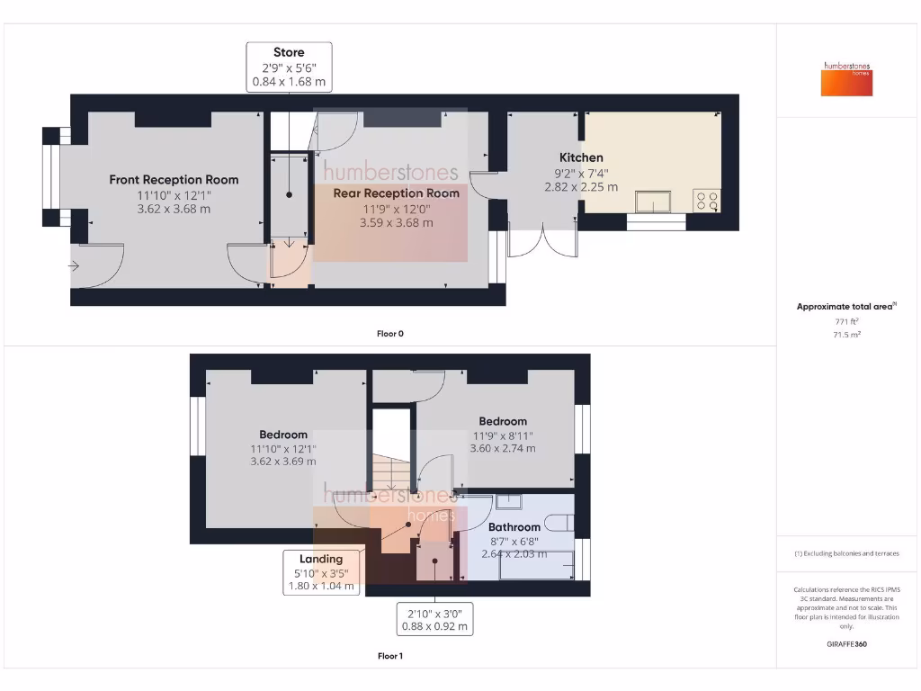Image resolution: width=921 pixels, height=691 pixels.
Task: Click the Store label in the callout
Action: (x=289, y=52)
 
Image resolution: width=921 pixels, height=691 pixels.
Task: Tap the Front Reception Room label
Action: (x=174, y=180)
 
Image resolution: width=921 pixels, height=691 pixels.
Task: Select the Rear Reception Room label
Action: (x=396, y=193)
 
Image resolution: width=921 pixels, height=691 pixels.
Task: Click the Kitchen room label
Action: (x=580, y=157)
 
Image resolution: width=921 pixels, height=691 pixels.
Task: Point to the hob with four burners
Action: (x=707, y=200)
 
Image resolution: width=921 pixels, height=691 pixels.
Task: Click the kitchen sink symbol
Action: (x=653, y=200)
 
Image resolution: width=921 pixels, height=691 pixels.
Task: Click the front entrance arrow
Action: (x=72, y=265)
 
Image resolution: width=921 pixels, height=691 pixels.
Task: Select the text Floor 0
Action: (x=389, y=334)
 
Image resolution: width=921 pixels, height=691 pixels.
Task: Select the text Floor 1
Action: (x=389, y=656)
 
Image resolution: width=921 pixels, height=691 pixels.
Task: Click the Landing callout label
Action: (x=321, y=559)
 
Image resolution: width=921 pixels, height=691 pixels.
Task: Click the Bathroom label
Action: (x=514, y=527)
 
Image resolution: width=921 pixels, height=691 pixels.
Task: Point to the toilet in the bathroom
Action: (x=561, y=523)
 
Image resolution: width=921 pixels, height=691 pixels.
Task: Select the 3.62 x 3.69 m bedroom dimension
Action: (x=283, y=462)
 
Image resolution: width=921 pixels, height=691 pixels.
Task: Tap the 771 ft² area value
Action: (x=845, y=321)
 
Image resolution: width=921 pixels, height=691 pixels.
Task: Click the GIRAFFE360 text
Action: (x=845, y=644)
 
